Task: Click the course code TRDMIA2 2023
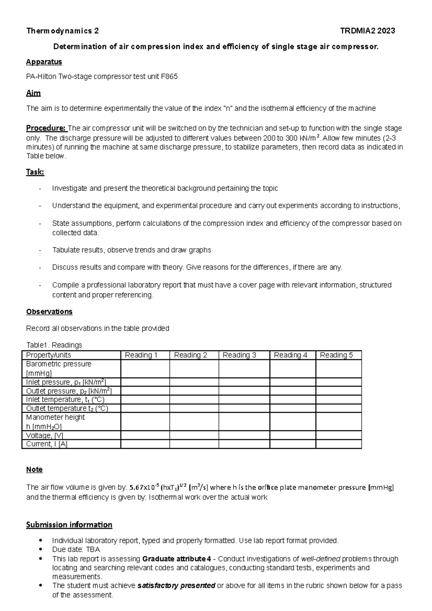pos(368,31)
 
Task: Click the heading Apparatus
pos(44,62)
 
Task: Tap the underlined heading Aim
pos(33,93)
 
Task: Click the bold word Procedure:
pos(46,128)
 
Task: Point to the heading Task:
pos(35,172)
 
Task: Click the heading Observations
pos(49,312)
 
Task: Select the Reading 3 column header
pos(239,355)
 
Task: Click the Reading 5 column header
pos(336,355)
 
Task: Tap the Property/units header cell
pos(49,355)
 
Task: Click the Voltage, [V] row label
pos(45,435)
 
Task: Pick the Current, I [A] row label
pos(47,444)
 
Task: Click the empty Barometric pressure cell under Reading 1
pos(145,368)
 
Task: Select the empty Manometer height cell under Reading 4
pos(292,422)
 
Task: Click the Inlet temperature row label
pos(65,400)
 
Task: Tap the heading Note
pos(34,470)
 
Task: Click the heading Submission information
pos(69,525)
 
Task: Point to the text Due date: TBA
pos(76,549)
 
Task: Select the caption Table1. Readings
pos(54,345)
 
